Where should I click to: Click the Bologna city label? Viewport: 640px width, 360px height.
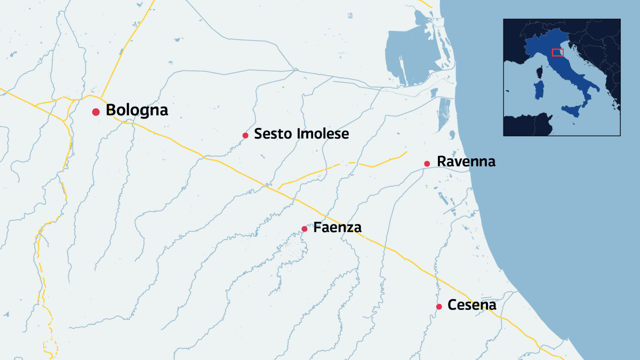point(137,110)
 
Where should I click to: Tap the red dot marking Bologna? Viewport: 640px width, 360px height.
point(96,112)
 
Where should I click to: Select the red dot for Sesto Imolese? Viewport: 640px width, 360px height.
point(245,135)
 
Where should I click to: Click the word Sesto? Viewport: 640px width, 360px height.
point(271,134)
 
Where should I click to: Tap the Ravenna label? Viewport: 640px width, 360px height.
point(466,162)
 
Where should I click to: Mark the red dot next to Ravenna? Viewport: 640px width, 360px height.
point(427,164)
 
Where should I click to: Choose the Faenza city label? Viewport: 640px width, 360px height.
point(337,228)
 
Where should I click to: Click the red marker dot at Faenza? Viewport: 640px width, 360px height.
point(305,229)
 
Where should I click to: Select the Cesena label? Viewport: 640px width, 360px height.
point(472,305)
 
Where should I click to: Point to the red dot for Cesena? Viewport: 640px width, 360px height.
point(439,307)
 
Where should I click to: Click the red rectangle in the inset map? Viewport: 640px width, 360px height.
point(557,52)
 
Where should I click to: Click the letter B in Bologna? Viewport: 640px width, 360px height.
point(111,110)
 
